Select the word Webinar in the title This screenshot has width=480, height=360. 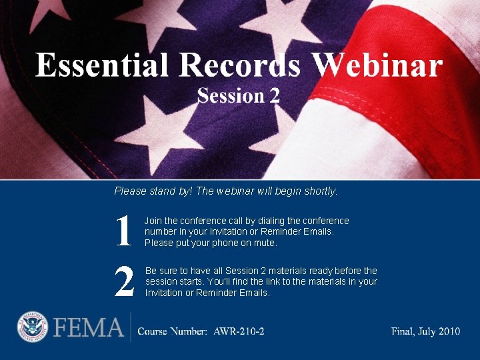click(378, 66)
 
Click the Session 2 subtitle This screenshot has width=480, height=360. click(238, 96)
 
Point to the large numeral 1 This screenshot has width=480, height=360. click(123, 232)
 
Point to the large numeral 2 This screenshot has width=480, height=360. click(124, 281)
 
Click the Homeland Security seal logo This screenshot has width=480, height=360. click(33, 328)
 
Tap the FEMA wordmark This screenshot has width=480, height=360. click(88, 328)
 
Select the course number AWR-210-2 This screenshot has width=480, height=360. click(239, 331)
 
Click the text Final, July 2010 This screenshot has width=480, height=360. click(425, 331)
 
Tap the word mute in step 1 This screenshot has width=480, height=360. click(266, 243)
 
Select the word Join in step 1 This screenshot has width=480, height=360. click(153, 221)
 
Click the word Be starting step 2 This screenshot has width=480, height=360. click(151, 271)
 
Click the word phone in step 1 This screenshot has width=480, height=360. click(223, 243)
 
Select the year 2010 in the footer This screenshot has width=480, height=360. click(447, 331)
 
